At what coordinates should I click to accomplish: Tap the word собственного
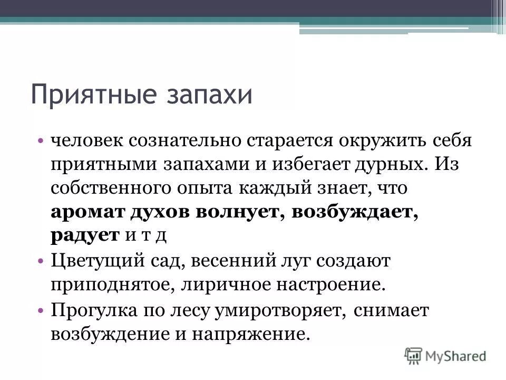[111, 188]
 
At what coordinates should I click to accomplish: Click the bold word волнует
[238, 212]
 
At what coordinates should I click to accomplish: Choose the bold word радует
[85, 235]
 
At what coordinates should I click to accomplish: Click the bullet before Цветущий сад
[41, 261]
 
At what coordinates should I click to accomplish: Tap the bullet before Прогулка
[41, 310]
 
